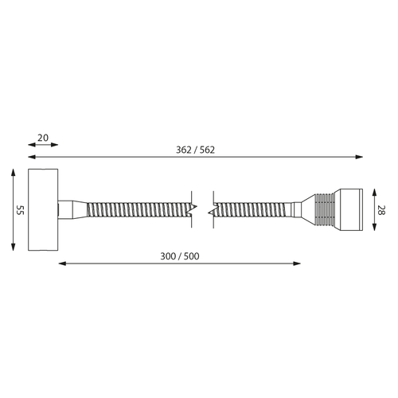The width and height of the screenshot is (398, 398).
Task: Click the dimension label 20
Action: (43, 138)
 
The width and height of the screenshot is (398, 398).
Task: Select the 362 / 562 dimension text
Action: (195, 150)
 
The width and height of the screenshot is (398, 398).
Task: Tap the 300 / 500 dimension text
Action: (180, 256)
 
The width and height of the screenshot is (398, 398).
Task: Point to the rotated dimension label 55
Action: (21, 210)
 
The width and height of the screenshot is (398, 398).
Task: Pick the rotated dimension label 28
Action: (381, 210)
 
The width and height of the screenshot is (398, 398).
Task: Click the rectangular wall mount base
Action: (43, 209)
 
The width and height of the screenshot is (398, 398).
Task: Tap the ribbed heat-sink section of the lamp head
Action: (324, 209)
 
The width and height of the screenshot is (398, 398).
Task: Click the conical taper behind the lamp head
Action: (308, 209)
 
